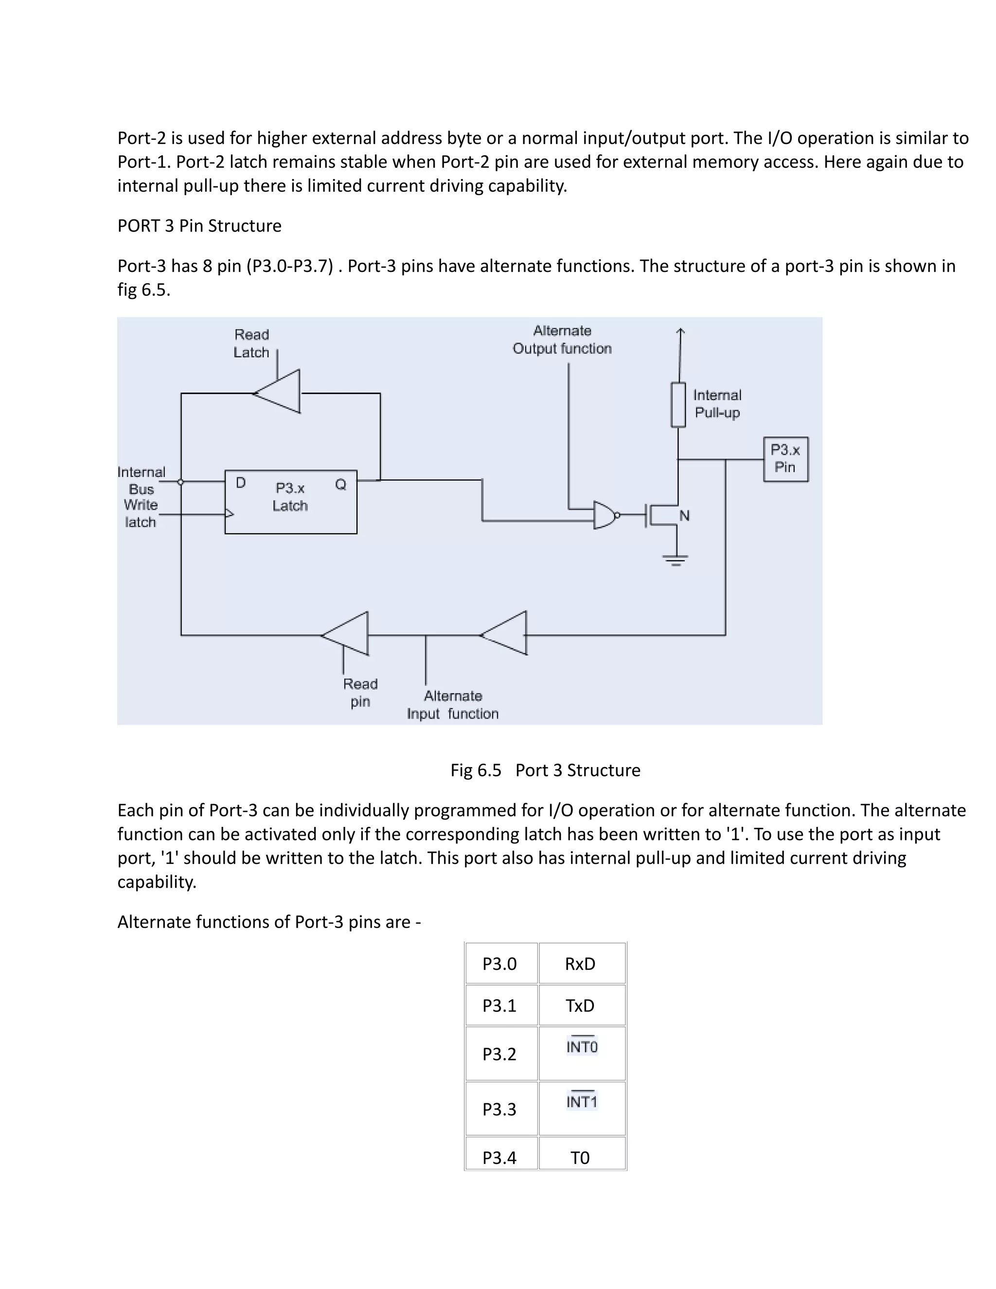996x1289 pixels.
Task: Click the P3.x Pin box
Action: point(785,459)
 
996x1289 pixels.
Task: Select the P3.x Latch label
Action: point(290,497)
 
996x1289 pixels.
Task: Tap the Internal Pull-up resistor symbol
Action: point(678,405)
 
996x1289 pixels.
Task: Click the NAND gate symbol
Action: point(605,515)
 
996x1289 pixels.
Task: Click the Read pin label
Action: point(360,692)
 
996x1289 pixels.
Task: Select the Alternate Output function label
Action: point(562,340)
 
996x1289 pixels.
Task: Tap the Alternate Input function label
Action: point(453,705)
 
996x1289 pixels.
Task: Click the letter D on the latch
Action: point(241,483)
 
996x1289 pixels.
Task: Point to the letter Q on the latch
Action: point(340,484)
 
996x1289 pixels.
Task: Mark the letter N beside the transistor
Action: point(684,516)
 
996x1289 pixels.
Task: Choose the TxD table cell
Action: point(581,1006)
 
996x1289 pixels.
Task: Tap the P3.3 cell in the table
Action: point(500,1110)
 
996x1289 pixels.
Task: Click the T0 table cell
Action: point(581,1158)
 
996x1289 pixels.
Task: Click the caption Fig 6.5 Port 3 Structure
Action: point(545,770)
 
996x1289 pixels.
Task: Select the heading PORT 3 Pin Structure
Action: point(199,226)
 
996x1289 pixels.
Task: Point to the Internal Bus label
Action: point(142,481)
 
